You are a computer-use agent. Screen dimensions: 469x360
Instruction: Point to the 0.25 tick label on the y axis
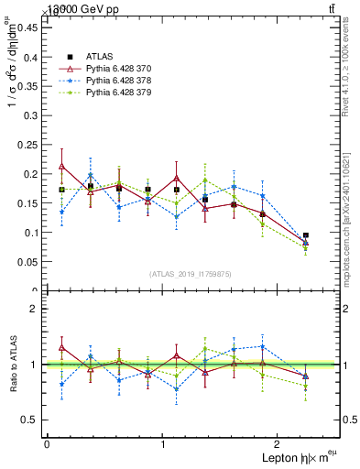(x=27, y=145)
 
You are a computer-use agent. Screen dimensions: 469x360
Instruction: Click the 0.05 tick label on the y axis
(x=27, y=262)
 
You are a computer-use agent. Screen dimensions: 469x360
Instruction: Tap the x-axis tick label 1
(x=163, y=443)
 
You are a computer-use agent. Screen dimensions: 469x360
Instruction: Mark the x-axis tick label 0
(x=47, y=443)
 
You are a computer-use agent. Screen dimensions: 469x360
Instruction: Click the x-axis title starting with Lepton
(x=290, y=457)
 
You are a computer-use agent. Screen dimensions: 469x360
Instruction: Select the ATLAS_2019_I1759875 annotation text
(x=192, y=274)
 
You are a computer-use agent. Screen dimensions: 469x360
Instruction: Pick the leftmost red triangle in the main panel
(x=61, y=166)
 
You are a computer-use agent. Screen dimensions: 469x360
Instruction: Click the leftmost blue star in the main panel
(x=61, y=212)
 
